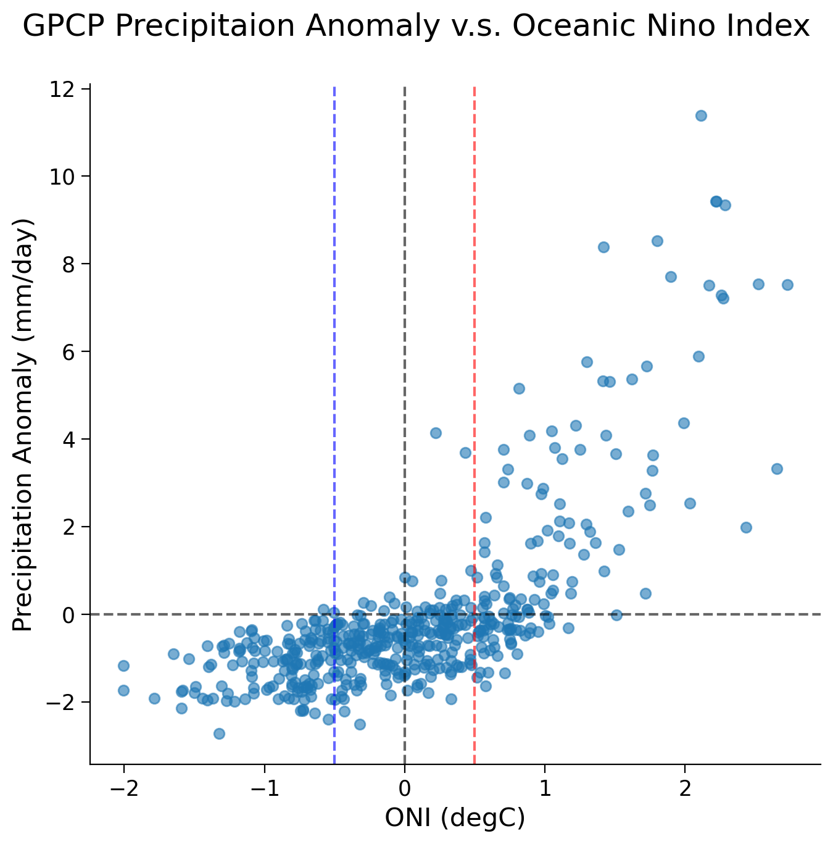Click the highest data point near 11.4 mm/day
click(x=701, y=115)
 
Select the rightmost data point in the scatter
click(x=787, y=285)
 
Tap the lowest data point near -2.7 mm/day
click(x=219, y=733)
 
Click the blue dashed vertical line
click(x=334, y=370)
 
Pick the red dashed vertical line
click(x=475, y=370)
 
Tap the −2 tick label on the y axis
click(x=65, y=703)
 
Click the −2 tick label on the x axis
click(x=123, y=788)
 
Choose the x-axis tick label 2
click(x=685, y=788)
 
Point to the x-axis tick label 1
click(x=545, y=788)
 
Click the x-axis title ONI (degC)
click(x=455, y=818)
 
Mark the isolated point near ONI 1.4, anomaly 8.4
click(x=603, y=247)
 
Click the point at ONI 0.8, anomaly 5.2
click(x=519, y=388)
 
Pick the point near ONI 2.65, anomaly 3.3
click(x=777, y=469)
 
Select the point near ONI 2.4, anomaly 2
click(x=746, y=527)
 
